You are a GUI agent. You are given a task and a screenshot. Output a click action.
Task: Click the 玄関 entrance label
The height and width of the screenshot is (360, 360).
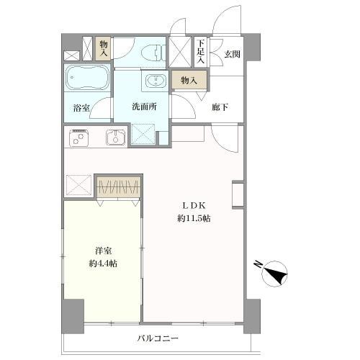click(x=232, y=53)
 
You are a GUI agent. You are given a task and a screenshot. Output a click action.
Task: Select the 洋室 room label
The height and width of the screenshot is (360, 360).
click(x=103, y=251)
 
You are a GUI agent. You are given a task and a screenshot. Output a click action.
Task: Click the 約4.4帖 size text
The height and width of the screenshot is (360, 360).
click(x=103, y=264)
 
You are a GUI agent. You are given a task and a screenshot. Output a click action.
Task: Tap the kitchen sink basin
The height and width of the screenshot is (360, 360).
click(x=115, y=136)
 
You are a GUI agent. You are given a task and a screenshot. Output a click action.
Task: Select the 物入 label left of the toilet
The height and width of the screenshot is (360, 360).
click(x=104, y=49)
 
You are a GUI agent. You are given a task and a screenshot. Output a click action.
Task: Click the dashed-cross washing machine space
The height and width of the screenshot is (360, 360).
click(x=143, y=133)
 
